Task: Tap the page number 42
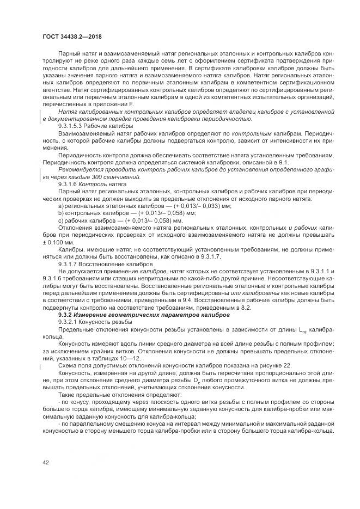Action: click(x=46, y=462)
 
